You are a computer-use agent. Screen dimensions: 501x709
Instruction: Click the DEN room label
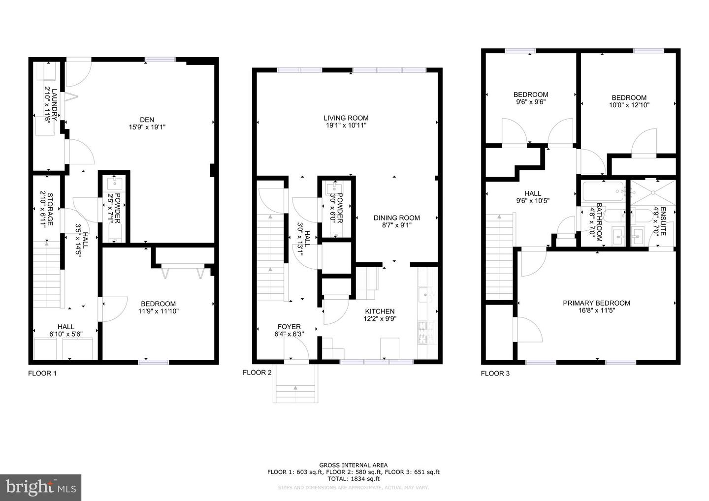point(147,120)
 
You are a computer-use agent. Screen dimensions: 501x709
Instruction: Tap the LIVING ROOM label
point(346,118)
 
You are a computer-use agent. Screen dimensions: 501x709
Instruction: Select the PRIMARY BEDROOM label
point(596,303)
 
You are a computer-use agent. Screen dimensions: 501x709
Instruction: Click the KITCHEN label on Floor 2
point(379,312)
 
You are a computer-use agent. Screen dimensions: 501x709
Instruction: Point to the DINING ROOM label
point(396,218)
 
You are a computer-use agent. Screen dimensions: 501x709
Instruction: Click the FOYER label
point(289,327)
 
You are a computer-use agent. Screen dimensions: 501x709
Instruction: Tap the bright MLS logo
point(40,487)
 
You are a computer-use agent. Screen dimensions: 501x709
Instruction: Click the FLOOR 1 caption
point(42,374)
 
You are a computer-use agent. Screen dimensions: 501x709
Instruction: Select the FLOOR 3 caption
point(495,374)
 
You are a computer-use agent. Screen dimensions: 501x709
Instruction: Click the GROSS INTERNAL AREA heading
point(353,465)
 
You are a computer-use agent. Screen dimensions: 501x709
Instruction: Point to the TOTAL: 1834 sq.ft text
point(353,478)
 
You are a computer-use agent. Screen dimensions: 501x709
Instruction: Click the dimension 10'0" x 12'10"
point(629,105)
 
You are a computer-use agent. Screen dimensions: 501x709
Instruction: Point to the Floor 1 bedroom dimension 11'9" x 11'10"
point(158,311)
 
